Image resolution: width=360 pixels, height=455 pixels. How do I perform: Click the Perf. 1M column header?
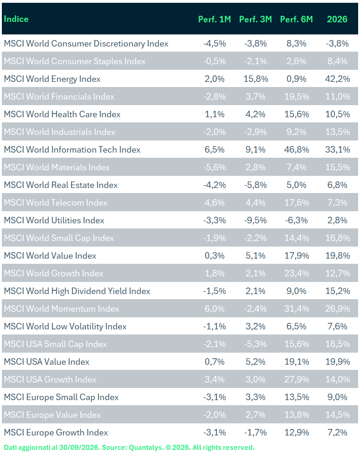tap(214, 19)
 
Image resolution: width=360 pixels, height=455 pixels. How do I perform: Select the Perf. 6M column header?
tap(296, 19)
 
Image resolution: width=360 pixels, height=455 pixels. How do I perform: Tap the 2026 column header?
tap(337, 19)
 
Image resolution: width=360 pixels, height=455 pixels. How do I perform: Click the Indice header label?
tap(16, 19)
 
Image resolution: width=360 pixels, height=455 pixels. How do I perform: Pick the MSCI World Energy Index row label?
tap(52, 79)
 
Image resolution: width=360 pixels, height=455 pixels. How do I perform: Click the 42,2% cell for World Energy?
tap(337, 79)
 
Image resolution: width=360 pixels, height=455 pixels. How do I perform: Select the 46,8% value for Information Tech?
tap(296, 150)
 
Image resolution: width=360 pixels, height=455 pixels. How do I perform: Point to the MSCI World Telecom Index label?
tap(56, 202)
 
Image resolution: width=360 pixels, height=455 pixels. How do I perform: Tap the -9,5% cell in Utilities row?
tap(255, 220)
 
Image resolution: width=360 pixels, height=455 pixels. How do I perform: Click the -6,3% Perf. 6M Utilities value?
tap(296, 220)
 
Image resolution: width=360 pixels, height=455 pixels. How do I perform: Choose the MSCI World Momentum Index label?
tap(61, 309)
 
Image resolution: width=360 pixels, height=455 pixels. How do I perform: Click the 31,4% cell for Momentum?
tap(296, 309)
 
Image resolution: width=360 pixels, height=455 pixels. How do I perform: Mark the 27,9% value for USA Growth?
tap(296, 380)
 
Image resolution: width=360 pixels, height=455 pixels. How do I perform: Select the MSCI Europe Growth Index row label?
tap(56, 433)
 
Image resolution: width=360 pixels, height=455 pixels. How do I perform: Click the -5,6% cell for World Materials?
tap(214, 167)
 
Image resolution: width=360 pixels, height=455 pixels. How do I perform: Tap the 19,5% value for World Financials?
tap(296, 97)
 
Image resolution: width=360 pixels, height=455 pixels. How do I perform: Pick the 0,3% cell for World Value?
tap(214, 256)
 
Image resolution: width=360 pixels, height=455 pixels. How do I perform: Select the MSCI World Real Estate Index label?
tap(61, 185)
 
